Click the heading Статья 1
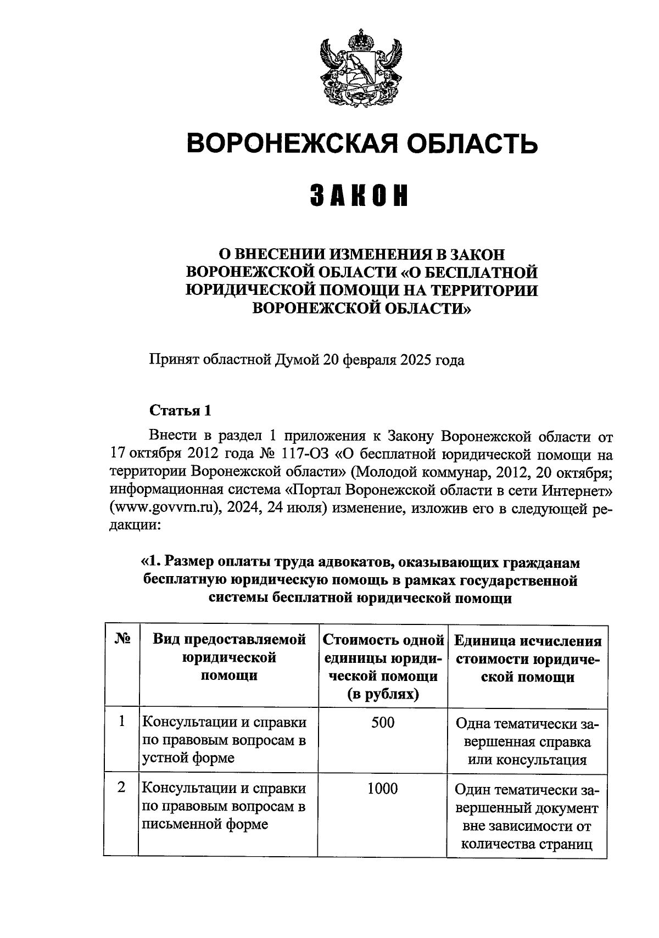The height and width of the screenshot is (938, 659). point(180,411)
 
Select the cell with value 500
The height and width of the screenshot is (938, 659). point(383,723)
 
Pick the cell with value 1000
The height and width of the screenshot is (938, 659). point(383,789)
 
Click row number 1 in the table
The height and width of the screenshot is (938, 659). point(122,721)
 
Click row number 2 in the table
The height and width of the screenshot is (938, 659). point(122,788)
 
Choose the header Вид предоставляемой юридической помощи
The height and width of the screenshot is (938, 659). point(229,657)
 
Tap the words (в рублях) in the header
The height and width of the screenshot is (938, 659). point(383,694)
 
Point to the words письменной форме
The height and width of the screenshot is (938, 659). point(205,824)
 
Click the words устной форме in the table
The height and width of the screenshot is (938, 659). point(188,758)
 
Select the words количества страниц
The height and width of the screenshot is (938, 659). point(527,845)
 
